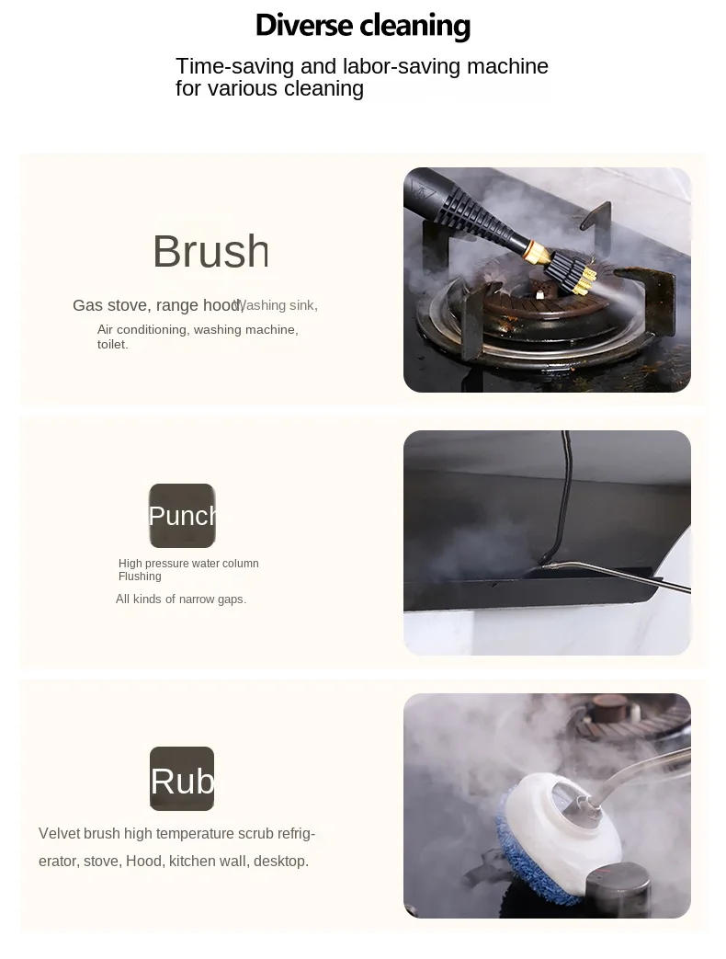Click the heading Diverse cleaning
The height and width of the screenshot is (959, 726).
pos(362,25)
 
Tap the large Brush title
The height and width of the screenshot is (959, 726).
pos(210,251)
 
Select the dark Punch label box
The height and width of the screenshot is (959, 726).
pos(182,516)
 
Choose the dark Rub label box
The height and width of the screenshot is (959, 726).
pos(182,780)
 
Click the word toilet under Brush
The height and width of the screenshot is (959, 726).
pos(113,345)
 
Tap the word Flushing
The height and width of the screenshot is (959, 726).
pos(140,577)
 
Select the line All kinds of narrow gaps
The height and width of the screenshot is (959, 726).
pos(181,599)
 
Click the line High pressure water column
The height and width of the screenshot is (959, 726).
pos(188,564)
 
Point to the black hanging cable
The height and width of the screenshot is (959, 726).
pos(562,487)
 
